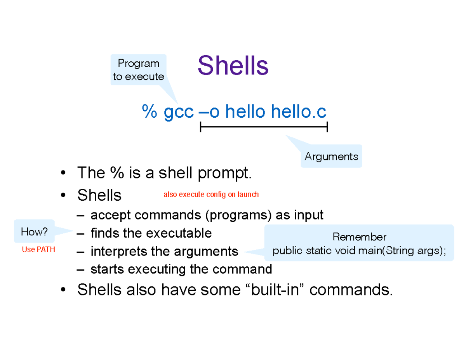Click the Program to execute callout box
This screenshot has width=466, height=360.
(x=138, y=70)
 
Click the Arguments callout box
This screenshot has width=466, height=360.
(x=331, y=157)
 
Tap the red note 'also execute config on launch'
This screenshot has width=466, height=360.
(x=211, y=195)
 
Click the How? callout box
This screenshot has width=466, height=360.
(x=34, y=232)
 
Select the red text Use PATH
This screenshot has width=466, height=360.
(x=38, y=250)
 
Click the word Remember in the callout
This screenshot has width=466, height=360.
(x=359, y=237)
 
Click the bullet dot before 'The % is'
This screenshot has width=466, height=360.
(x=63, y=173)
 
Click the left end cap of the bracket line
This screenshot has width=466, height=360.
(x=200, y=127)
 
